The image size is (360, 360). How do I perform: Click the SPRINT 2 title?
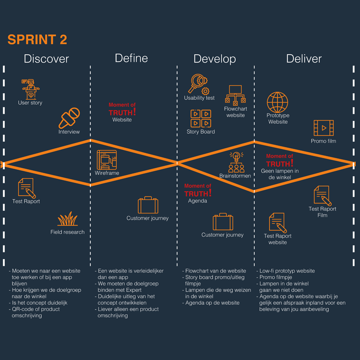pyautogui.click(x=37, y=39)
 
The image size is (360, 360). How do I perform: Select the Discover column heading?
pyautogui.click(x=47, y=59)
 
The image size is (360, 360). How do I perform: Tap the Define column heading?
pyautogui.click(x=131, y=59)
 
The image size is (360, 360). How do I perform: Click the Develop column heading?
pyautogui.click(x=215, y=59)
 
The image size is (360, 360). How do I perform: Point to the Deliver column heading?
pyautogui.click(x=304, y=59)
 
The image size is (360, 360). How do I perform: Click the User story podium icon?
pyautogui.click(x=31, y=89)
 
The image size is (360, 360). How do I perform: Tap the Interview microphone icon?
pyautogui.click(x=69, y=118)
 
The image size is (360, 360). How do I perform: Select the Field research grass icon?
pyautogui.click(x=67, y=219)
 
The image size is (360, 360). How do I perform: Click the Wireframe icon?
pyautogui.click(x=107, y=160)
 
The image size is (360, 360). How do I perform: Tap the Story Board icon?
pyautogui.click(x=201, y=118)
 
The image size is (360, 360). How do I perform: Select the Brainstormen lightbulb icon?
pyautogui.click(x=235, y=162)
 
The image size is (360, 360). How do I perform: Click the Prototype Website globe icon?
pyautogui.click(x=277, y=102)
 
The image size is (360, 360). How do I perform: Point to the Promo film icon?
pyautogui.click(x=324, y=128)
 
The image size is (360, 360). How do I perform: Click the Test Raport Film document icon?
pyautogui.click(x=323, y=195)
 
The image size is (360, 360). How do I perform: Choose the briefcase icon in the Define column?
pyautogui.click(x=148, y=205)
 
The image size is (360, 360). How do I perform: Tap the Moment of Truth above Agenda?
pyautogui.click(x=198, y=191)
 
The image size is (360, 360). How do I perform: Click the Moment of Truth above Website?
pyautogui.click(x=122, y=109)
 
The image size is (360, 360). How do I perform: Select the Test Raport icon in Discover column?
pyautogui.click(x=27, y=188)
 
